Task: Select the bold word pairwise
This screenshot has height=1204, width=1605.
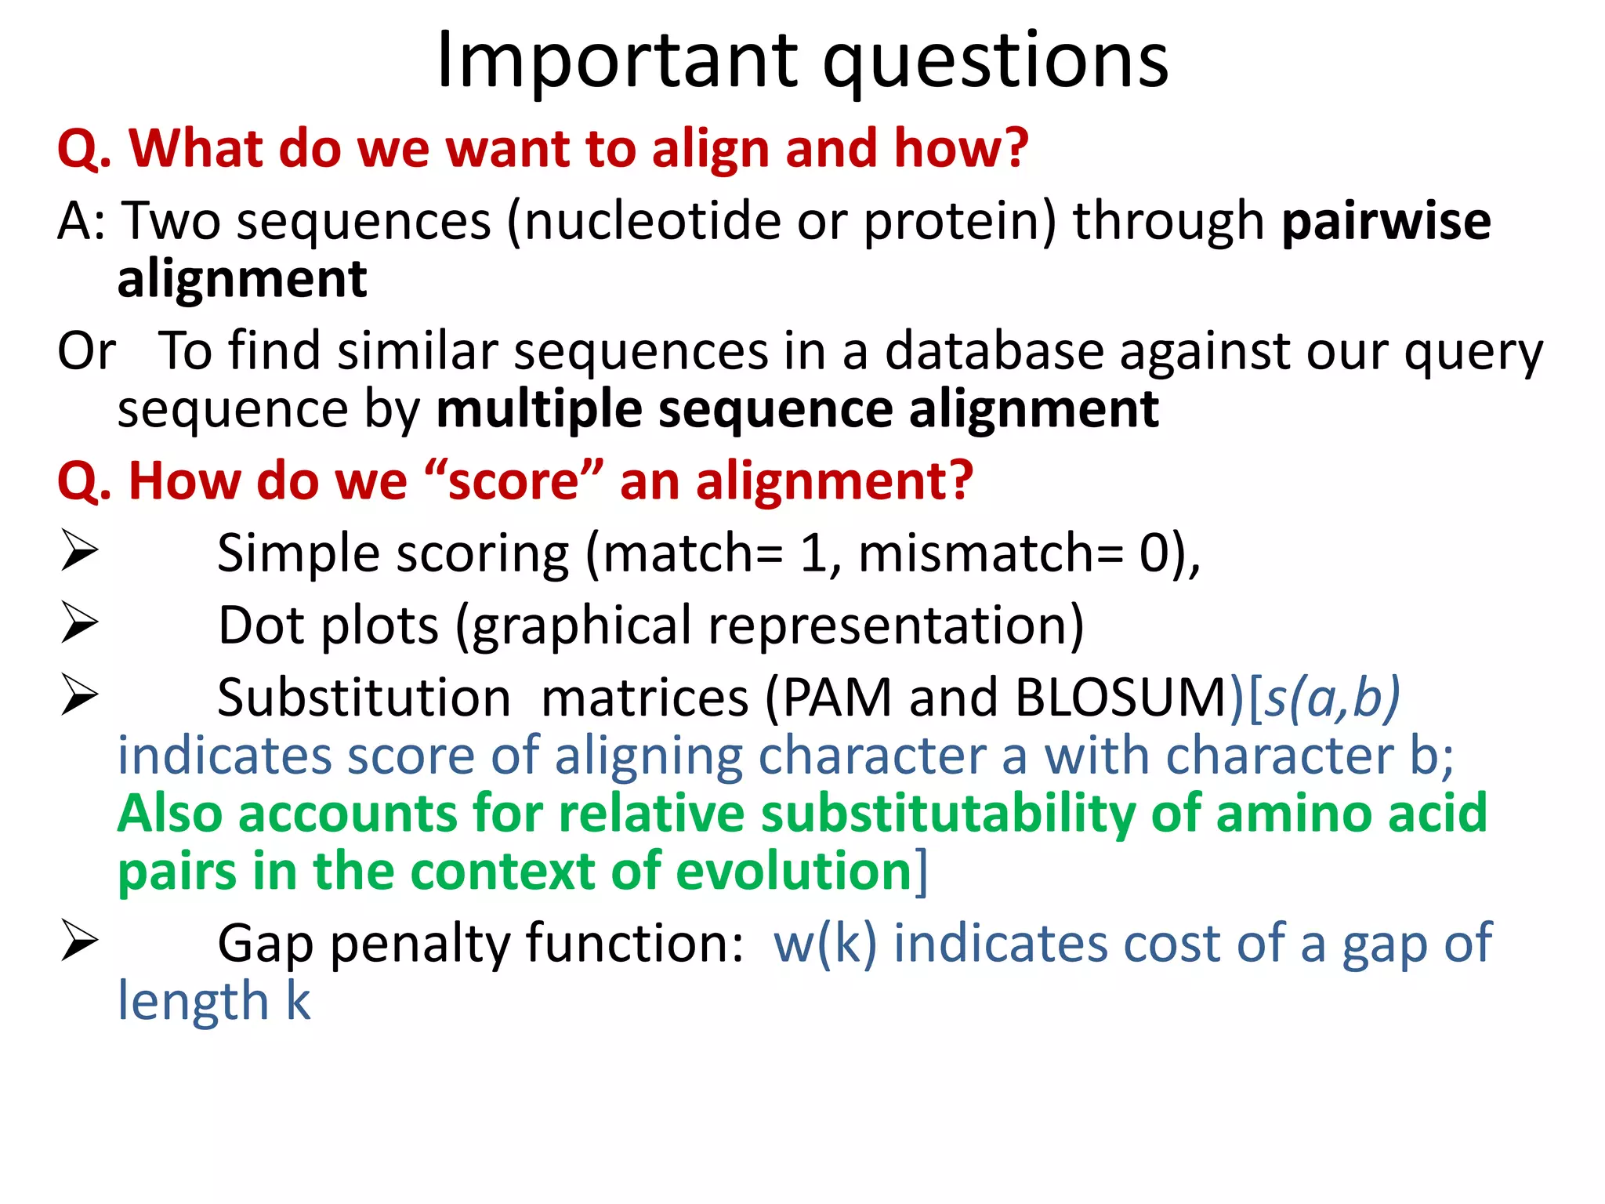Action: coord(1386,221)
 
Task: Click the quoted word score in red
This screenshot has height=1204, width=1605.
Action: coord(513,481)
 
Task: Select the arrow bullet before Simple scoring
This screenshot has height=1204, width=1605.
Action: coord(79,551)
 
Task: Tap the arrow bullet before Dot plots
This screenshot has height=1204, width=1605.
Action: coord(79,623)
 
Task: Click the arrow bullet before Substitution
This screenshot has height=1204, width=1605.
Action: coord(79,695)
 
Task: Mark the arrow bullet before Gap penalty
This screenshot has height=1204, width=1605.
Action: coord(79,941)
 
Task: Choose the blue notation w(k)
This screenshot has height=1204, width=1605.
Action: coord(824,943)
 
